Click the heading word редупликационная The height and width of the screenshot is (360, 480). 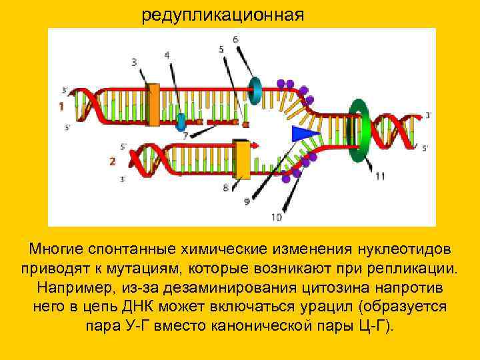222,15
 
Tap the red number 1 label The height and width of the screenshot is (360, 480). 61,106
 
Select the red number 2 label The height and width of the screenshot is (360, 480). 113,161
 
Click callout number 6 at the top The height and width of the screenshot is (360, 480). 235,39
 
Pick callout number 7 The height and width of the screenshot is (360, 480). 186,135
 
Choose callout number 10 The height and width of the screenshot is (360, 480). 277,217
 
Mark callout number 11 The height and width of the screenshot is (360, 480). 380,176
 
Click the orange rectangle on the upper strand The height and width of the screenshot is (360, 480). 153,105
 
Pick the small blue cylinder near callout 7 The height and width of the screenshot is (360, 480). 181,122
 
